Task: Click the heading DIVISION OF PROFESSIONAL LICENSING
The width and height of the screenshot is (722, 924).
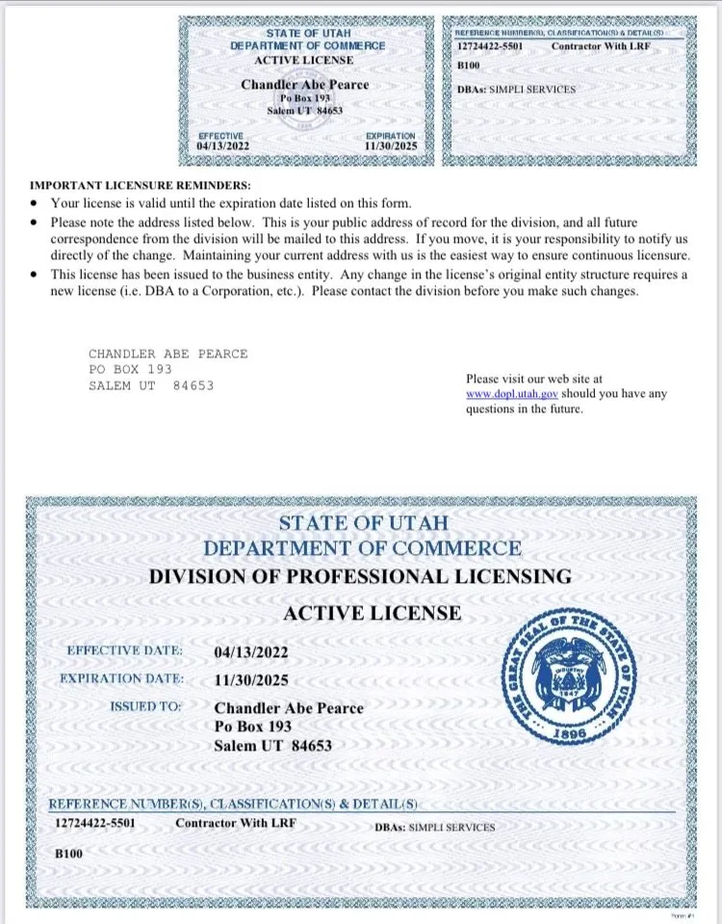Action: pos(360,577)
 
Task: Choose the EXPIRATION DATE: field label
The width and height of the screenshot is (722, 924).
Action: pos(121,678)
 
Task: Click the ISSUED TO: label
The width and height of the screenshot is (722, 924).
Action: pos(145,706)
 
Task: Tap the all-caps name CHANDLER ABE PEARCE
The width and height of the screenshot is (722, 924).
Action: pos(168,354)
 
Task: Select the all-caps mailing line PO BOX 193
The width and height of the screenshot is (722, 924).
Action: pos(130,369)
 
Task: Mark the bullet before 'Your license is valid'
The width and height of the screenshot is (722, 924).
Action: pos(35,204)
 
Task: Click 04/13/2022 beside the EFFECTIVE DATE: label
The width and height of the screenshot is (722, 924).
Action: pos(250,652)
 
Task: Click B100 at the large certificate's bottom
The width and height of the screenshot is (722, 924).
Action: pos(67,854)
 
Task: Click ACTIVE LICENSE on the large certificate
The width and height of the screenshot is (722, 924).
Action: pos(373,613)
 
